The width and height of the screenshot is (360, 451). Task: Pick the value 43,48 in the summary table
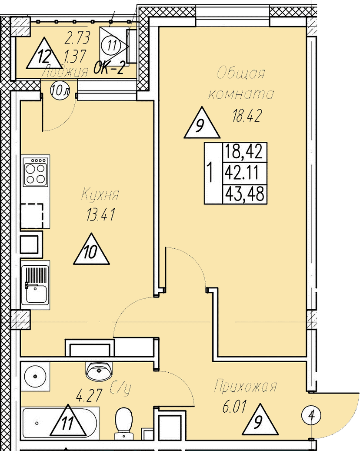pyautogui.click(x=244, y=193)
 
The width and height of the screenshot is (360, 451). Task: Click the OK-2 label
pyautogui.click(x=109, y=69)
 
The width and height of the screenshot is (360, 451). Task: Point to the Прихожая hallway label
pyautogui.click(x=246, y=386)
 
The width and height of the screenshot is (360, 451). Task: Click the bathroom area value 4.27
pyautogui.click(x=89, y=396)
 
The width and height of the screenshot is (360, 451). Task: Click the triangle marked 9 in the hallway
pyautogui.click(x=260, y=421)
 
